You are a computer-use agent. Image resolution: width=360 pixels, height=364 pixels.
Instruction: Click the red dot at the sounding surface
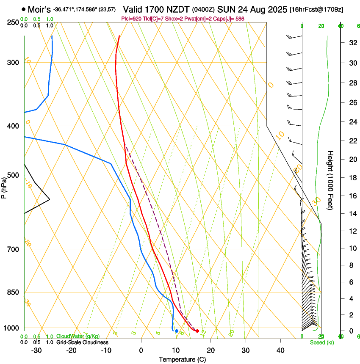[x=197, y=331]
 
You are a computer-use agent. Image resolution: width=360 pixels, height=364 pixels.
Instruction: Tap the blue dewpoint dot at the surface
[x=177, y=331]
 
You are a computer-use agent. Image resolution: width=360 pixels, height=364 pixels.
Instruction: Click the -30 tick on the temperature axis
[x=36, y=350]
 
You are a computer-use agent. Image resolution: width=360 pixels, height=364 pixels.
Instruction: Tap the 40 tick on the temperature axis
[x=280, y=350]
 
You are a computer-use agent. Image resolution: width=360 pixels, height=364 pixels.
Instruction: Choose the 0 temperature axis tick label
[x=141, y=350]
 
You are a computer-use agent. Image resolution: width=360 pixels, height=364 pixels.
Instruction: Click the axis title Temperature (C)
[x=182, y=359]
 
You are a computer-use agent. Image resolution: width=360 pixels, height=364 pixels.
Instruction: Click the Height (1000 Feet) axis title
[x=331, y=180]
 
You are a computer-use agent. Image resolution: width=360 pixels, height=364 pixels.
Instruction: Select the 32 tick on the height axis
[x=352, y=43]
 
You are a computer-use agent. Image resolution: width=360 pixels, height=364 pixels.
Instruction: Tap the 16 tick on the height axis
[x=352, y=196]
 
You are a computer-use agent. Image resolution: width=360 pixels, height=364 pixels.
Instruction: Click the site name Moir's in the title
[x=39, y=9]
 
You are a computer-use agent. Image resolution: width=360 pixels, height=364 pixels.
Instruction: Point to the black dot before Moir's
[x=24, y=9]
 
